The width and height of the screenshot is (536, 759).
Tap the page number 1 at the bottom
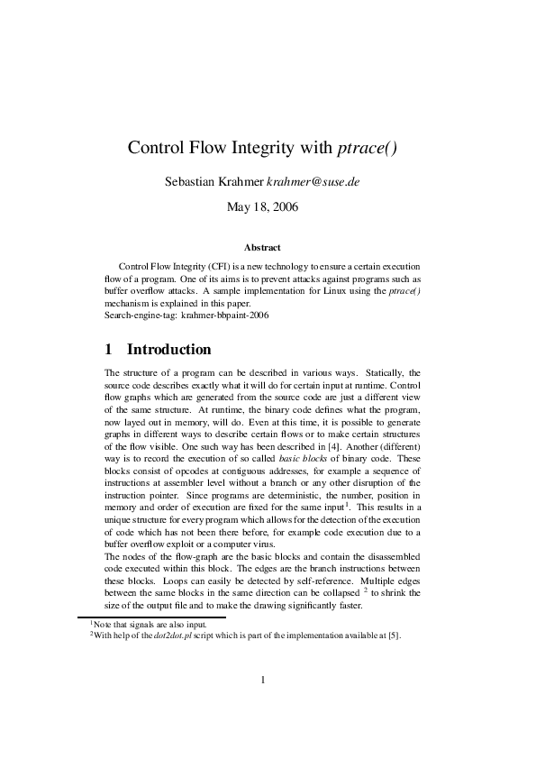point(262,705)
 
